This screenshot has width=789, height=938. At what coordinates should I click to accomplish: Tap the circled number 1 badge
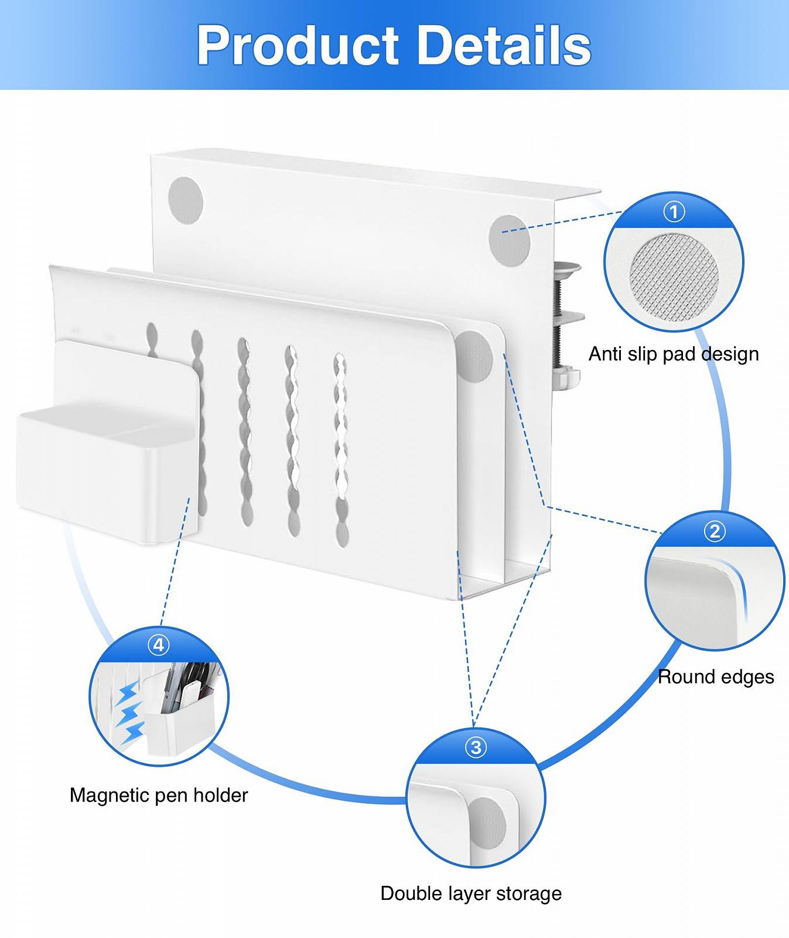(x=674, y=211)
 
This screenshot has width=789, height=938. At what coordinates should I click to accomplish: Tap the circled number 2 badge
(x=714, y=531)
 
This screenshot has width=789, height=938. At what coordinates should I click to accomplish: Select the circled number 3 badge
(x=476, y=747)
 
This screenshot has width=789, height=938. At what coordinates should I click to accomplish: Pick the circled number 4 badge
(x=159, y=645)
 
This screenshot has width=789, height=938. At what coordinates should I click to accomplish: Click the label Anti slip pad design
(x=674, y=354)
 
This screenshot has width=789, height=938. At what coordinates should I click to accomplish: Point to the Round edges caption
(x=716, y=677)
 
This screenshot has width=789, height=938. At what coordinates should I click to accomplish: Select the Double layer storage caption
(x=471, y=893)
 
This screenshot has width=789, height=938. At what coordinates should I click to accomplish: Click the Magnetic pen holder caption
(x=159, y=795)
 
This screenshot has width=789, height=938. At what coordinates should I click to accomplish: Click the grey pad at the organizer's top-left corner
(x=185, y=199)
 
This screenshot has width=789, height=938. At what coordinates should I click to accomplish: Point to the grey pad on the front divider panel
(x=476, y=356)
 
